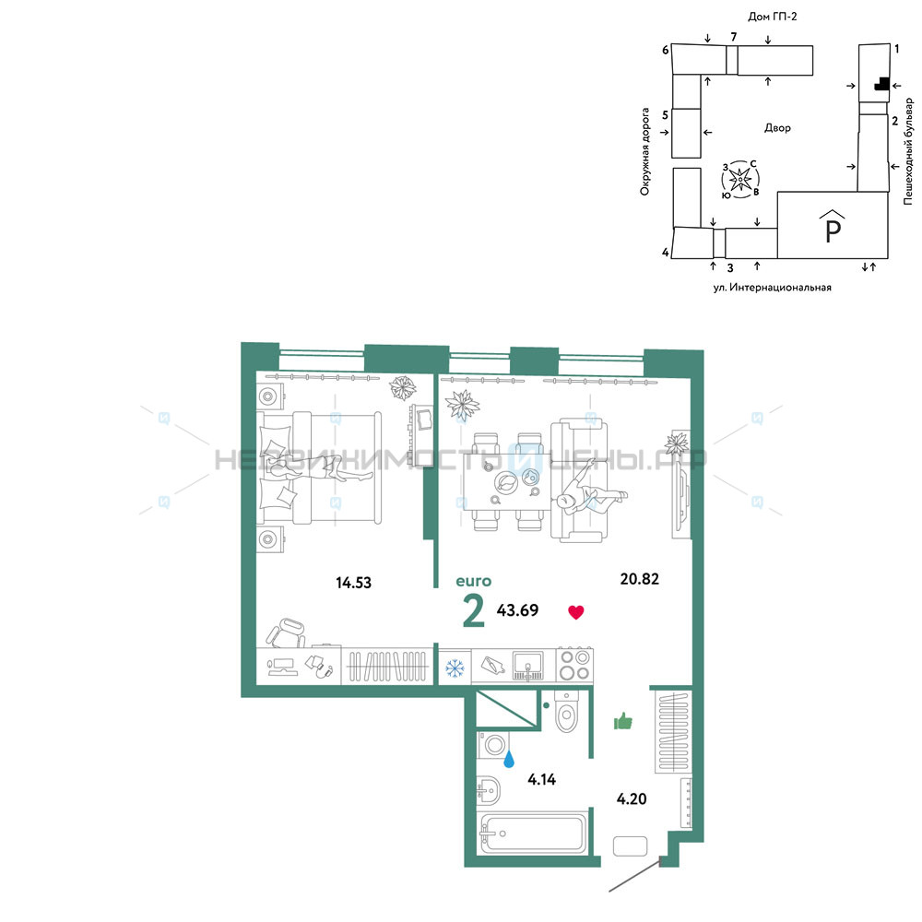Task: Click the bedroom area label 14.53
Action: click(x=353, y=583)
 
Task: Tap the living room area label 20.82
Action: click(x=639, y=579)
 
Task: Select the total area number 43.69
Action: click(x=517, y=609)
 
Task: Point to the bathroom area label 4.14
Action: click(x=541, y=780)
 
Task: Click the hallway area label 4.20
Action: click(x=631, y=798)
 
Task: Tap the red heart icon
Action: click(x=575, y=612)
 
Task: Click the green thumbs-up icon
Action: click(x=622, y=720)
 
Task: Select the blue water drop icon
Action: click(x=509, y=759)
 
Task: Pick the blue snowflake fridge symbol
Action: click(x=455, y=668)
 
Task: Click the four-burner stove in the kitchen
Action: click(x=573, y=665)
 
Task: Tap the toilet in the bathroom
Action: click(x=567, y=712)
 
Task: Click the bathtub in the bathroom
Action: click(x=532, y=832)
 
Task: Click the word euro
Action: click(x=473, y=582)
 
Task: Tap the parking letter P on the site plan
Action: click(x=833, y=230)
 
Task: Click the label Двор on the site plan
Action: click(x=777, y=127)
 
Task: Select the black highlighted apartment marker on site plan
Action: click(x=881, y=84)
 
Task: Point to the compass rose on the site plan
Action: click(x=740, y=179)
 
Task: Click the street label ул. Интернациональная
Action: click(x=772, y=288)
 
